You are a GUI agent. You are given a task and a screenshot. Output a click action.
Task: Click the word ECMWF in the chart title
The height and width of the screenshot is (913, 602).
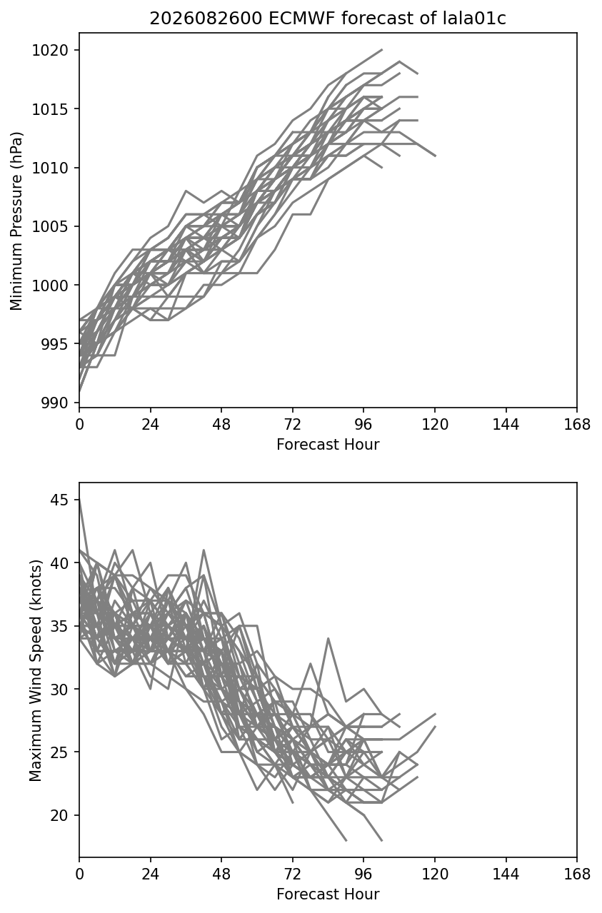(x=300, y=19)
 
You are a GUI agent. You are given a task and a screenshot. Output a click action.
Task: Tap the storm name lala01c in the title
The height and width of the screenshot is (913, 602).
(x=474, y=19)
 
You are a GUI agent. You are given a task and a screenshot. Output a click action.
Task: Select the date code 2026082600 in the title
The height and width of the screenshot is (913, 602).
(x=206, y=19)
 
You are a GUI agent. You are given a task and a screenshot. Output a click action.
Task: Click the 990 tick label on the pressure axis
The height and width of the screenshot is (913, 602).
(x=54, y=403)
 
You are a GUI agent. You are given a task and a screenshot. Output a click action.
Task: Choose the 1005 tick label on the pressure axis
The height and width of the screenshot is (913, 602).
(x=50, y=226)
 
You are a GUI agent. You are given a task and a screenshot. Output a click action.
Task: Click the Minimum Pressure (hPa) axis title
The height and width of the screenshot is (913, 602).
(x=16, y=221)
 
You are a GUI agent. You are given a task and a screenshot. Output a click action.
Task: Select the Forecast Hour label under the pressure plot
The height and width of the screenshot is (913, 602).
(x=328, y=444)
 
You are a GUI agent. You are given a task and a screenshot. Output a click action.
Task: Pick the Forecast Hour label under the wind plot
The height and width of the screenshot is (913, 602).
(x=328, y=894)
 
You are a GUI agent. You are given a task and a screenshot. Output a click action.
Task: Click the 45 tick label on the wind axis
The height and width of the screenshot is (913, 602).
(x=59, y=500)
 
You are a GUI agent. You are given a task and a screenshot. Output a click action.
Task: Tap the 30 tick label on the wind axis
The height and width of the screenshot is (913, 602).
(x=59, y=689)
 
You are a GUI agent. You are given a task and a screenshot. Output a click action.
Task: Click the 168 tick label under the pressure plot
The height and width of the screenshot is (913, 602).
(x=577, y=425)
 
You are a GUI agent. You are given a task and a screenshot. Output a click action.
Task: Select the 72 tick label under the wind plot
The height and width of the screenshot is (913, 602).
(x=293, y=874)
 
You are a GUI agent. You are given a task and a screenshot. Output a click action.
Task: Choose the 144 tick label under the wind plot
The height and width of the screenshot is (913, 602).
(x=506, y=874)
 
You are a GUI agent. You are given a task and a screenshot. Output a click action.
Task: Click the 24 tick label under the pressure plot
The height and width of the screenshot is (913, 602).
(x=151, y=425)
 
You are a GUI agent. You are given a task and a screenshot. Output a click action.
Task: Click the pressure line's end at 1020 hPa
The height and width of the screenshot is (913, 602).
(x=382, y=50)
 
